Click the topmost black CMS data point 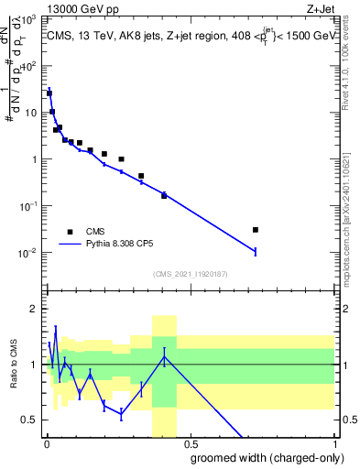(x=49, y=93)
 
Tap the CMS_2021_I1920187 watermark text (x=190, y=274)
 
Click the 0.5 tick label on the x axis (x=190, y=444)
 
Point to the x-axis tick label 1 (x=333, y=444)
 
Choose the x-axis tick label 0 (x=47, y=444)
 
